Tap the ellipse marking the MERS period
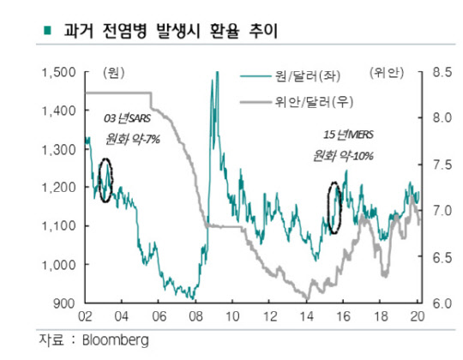[335, 207]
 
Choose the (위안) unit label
[387, 72]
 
